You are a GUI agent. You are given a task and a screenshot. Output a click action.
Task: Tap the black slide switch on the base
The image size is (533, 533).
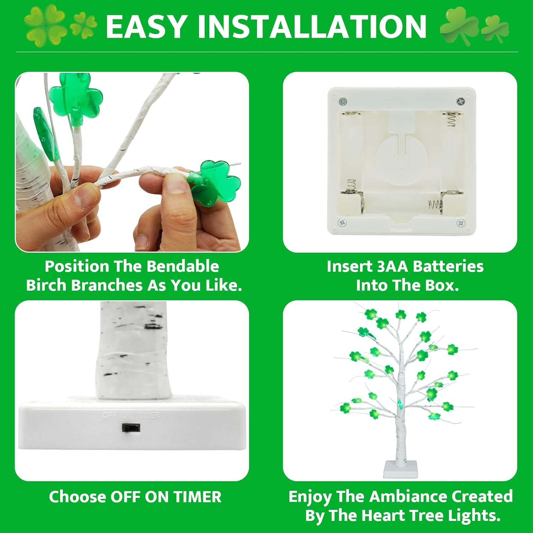click(x=131, y=427)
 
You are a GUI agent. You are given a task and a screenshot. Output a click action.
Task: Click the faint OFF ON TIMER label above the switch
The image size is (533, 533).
click(x=131, y=415)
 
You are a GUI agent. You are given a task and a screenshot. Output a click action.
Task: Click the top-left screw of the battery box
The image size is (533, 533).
click(x=343, y=101)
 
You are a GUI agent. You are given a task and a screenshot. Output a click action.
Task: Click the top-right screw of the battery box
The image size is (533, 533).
click(x=461, y=101)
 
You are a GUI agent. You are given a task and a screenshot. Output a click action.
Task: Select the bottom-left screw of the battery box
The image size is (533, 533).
click(x=343, y=223)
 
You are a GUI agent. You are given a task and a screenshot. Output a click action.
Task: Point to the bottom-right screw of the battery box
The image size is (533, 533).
click(x=461, y=223)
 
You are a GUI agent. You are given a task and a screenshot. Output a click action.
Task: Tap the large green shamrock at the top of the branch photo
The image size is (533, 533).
click(x=76, y=97)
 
